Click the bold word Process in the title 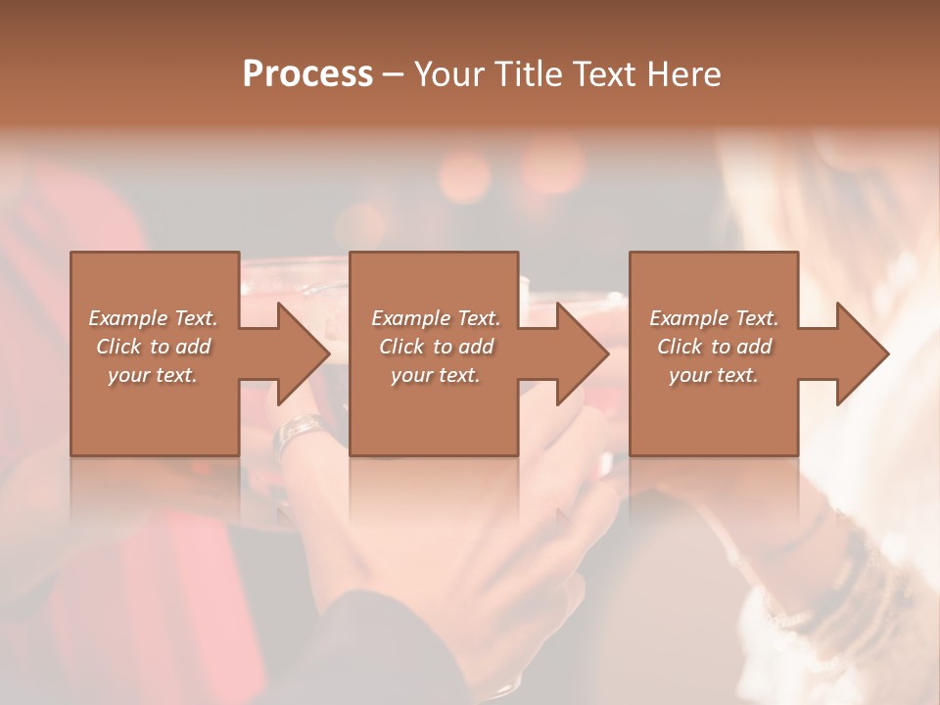pyautogui.click(x=307, y=74)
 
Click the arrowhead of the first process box pyautogui.click(x=304, y=353)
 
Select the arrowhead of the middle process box pyautogui.click(x=584, y=353)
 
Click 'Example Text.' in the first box pyautogui.click(x=153, y=318)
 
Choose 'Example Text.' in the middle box pyautogui.click(x=435, y=318)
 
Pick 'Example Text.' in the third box pyautogui.click(x=714, y=318)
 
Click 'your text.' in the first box pyautogui.click(x=153, y=375)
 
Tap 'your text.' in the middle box pyautogui.click(x=435, y=375)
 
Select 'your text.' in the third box pyautogui.click(x=714, y=375)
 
